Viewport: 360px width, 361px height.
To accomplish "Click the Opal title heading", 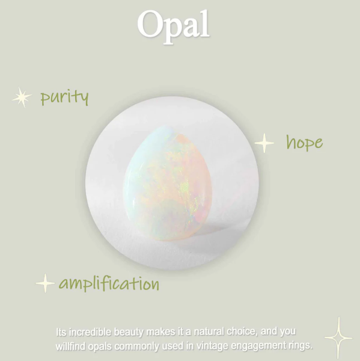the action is (174, 26).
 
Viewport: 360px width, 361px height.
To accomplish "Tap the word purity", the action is (64, 97).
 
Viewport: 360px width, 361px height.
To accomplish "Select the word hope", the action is (304, 142).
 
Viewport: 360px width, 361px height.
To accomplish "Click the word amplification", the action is (109, 283).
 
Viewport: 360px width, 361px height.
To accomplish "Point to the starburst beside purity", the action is (22, 97).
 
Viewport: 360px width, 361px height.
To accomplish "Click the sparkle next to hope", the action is (264, 143).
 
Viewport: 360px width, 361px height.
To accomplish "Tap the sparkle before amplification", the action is (45, 283).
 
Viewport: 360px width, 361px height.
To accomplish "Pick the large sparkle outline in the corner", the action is (338, 338).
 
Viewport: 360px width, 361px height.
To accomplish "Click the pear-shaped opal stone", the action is (168, 183).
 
